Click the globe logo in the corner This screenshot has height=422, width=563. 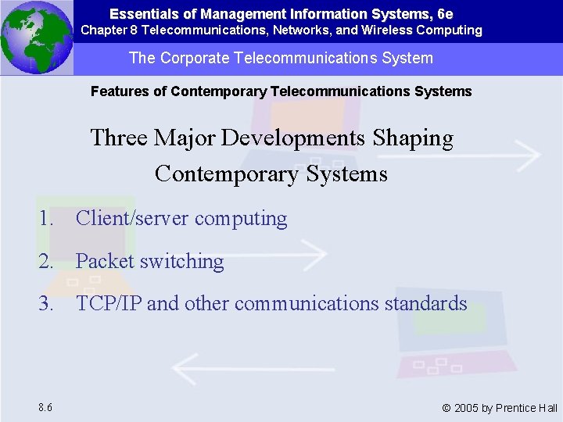coord(36,37)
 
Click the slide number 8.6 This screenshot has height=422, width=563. coord(45,407)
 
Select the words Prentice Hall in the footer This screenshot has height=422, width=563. coord(530,408)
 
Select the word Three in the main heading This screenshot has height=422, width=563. coord(118,138)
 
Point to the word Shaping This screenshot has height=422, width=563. coord(413,138)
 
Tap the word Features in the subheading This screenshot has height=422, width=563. coord(120,91)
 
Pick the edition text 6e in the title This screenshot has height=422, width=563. coord(445,14)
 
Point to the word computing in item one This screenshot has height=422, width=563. coord(241,219)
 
